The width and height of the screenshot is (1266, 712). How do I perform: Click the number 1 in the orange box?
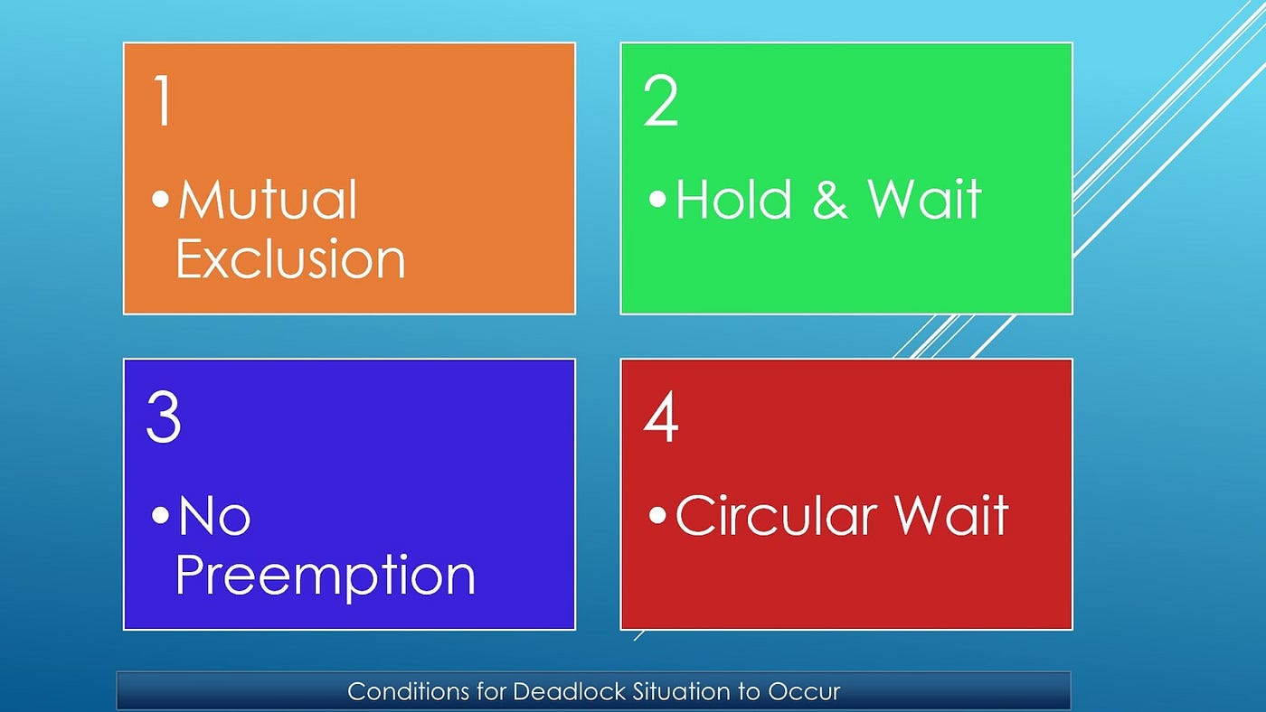pos(163,100)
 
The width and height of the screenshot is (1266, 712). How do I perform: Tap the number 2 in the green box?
pos(660,100)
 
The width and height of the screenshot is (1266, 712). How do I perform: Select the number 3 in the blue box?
pos(164,417)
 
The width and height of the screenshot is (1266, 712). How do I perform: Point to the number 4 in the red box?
pos(661,417)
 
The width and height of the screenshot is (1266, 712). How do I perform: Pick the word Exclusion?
pos(290,258)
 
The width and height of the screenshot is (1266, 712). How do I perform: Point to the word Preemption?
pos(326,576)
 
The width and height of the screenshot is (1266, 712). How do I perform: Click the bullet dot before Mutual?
pos(161,199)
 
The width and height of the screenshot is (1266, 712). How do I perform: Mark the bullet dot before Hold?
pos(658,199)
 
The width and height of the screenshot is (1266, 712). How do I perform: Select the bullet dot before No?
pos(161,515)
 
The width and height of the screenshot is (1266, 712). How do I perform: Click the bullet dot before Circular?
pos(658,515)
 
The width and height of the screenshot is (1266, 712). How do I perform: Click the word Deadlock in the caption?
pos(570,691)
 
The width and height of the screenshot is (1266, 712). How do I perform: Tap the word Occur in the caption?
pos(804,692)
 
